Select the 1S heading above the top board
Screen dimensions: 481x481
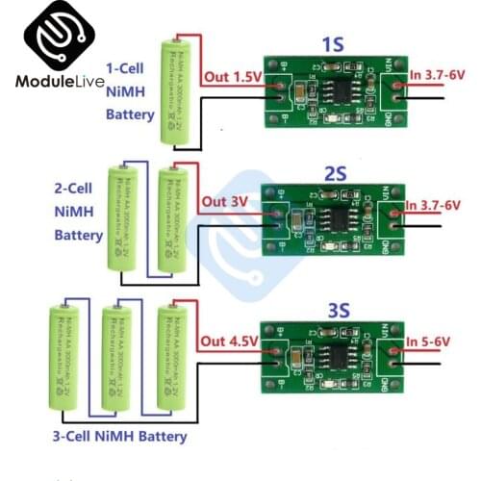(x=330, y=44)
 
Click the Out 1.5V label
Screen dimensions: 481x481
(x=230, y=76)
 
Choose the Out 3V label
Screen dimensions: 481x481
(x=225, y=202)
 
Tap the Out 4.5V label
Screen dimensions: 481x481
(x=230, y=341)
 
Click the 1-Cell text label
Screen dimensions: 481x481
(x=129, y=69)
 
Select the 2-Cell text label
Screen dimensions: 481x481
(x=73, y=188)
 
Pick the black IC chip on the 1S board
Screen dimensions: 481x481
(x=336, y=89)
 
